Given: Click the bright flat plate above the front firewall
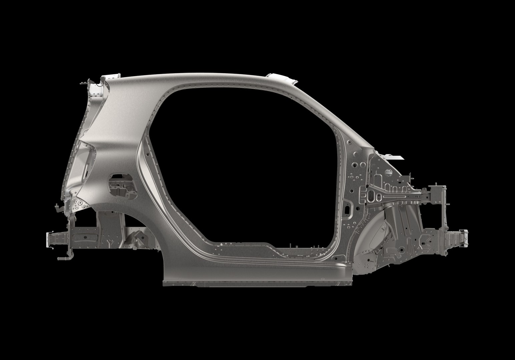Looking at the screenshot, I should pos(394,156).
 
